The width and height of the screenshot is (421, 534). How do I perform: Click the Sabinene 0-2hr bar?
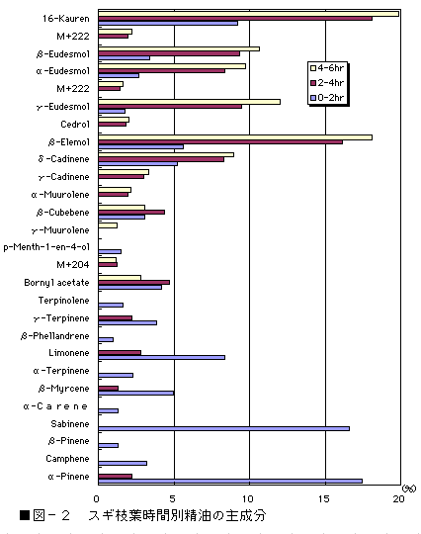224,428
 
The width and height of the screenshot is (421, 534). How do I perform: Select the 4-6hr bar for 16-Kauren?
249,14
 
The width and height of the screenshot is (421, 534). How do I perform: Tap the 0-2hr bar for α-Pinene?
230,481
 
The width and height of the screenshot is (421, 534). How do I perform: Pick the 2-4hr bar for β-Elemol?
220,142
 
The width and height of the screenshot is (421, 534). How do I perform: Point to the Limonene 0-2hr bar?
162,357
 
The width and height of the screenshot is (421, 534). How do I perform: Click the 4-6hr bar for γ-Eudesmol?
190,102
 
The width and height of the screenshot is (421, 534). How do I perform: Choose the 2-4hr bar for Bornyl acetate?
134,282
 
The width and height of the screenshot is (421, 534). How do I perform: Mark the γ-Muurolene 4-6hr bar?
108,225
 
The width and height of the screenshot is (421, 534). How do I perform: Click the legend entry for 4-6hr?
327,68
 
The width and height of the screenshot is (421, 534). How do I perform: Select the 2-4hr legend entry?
327,83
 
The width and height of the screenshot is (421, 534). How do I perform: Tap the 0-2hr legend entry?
327,98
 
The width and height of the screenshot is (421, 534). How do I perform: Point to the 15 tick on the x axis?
324,499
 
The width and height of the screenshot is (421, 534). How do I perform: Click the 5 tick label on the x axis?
173,499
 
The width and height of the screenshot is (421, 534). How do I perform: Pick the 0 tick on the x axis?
96,499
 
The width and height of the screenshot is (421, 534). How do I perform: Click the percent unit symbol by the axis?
409,489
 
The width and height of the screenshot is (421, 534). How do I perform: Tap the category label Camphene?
67,459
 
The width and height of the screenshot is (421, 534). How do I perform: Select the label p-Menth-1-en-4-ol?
46,247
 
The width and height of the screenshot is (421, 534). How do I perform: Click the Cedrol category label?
75,124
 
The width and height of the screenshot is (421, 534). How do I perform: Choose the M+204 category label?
73,265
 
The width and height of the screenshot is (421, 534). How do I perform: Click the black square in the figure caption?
25,515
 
